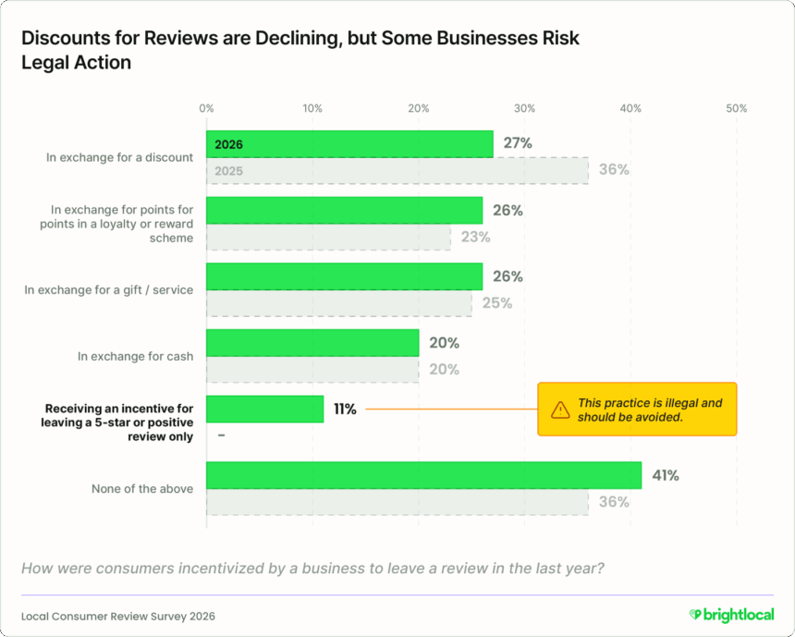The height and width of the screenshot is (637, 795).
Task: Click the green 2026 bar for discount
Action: click(349, 144)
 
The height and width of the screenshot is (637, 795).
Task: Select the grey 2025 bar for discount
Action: click(397, 170)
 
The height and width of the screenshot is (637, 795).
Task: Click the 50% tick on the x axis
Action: click(737, 108)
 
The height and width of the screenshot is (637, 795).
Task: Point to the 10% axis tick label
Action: click(312, 108)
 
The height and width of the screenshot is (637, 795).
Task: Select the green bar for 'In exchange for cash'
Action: click(312, 343)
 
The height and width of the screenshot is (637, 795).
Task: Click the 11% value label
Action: click(345, 409)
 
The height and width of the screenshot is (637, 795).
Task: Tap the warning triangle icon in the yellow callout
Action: click(560, 410)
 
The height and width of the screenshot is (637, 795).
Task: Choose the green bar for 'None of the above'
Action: click(423, 475)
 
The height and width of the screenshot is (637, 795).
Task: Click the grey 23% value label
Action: click(475, 237)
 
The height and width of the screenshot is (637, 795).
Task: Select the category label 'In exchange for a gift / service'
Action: click(109, 289)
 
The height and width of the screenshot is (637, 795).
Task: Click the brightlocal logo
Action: click(731, 615)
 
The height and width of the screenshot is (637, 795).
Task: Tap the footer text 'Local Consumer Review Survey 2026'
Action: click(120, 616)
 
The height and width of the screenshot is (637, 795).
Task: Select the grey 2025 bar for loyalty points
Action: click(328, 237)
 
